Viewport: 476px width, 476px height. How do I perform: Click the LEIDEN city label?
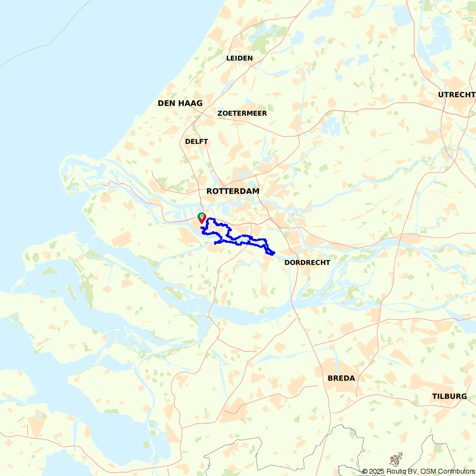click(x=239, y=58)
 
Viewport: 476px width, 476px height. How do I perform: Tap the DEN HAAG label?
click(x=180, y=103)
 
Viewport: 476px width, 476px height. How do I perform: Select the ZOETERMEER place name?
click(x=242, y=113)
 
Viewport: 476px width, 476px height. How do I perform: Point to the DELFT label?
click(x=197, y=141)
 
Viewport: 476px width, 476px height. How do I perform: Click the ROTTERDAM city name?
click(x=233, y=191)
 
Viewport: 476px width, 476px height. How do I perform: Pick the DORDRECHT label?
click(x=307, y=262)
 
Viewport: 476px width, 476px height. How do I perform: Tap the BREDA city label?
click(x=341, y=378)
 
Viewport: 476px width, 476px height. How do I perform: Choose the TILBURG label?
click(x=449, y=397)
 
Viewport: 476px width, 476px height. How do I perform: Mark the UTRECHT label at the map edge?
click(x=456, y=95)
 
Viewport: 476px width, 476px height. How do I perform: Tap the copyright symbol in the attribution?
click(x=365, y=471)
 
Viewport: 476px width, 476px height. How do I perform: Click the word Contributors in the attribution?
click(x=455, y=471)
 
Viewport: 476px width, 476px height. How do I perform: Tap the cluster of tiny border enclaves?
click(x=396, y=459)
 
